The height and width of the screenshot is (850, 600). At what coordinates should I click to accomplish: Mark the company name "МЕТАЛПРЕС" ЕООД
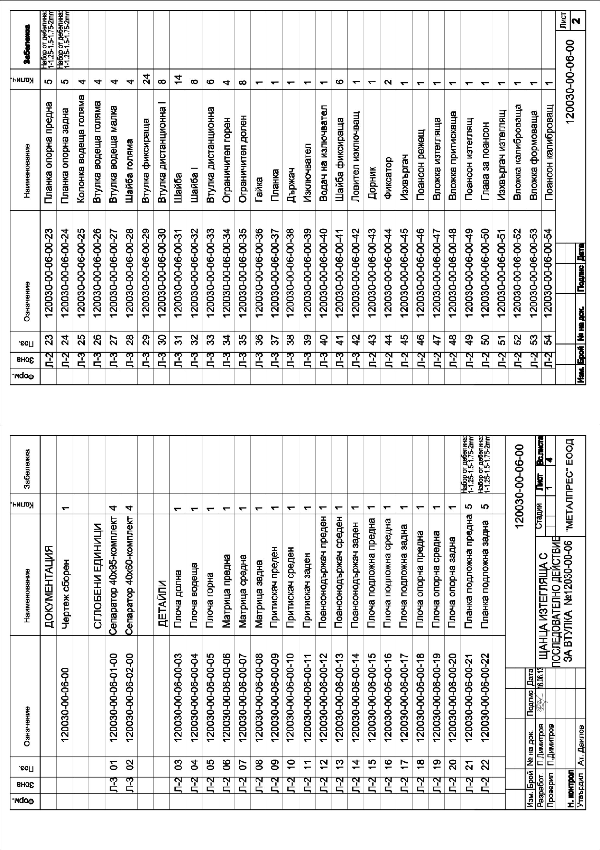point(570,485)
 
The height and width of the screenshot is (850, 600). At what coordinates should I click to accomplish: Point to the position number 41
point(340,338)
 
